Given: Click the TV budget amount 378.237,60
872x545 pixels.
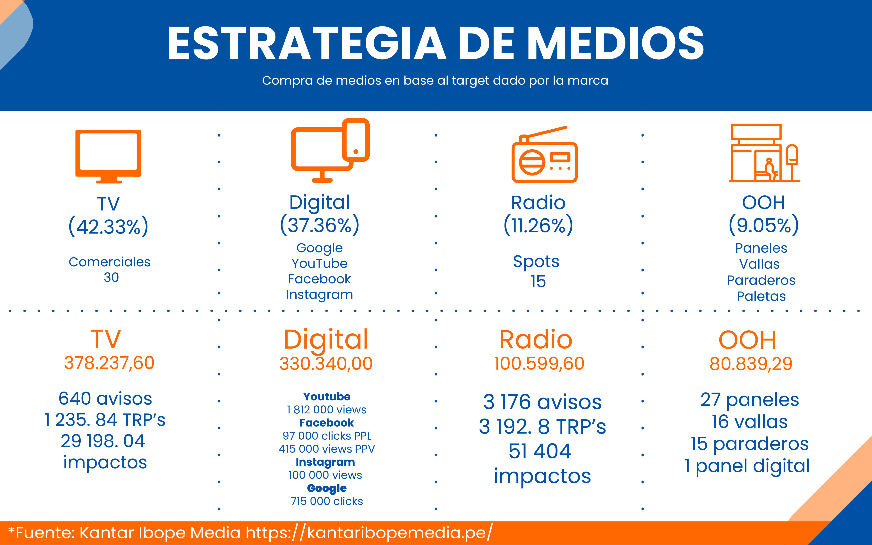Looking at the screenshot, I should coord(109,363).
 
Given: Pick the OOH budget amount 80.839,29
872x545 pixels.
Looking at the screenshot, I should coord(751,364).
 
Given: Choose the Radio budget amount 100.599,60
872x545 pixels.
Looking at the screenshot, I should coord(539,363).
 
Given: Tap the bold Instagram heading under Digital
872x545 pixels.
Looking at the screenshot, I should coord(325,462).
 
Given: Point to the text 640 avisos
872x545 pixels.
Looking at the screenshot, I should coord(105,399).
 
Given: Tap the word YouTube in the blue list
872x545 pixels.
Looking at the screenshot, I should coord(319,263).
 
